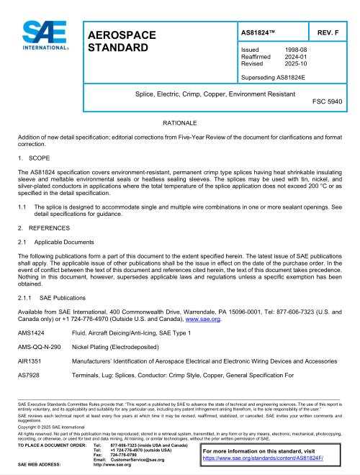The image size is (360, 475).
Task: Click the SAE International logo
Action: coord(45,36)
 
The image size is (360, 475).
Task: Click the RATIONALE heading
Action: coord(179,124)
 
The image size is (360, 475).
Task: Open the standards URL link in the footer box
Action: coord(263,457)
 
